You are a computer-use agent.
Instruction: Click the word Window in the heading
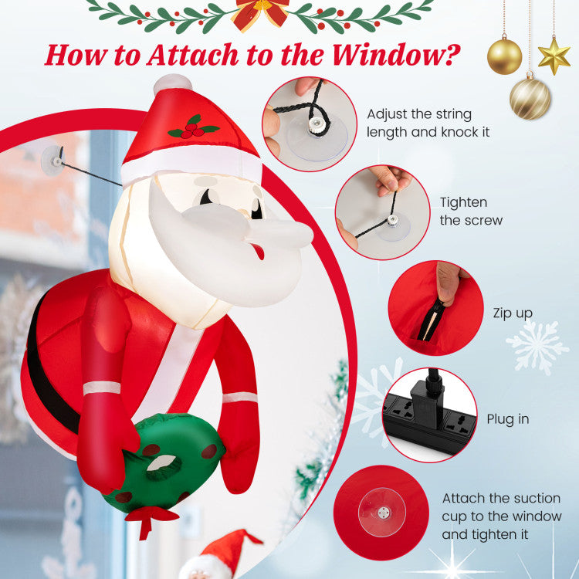(395, 54)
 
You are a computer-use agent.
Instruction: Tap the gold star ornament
(554, 56)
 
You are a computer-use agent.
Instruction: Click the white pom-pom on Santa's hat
(172, 84)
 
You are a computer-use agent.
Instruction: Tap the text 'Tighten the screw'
(471, 212)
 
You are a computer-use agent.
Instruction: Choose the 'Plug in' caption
(508, 419)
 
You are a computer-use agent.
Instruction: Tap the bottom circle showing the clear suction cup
(382, 513)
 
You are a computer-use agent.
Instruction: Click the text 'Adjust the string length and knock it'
(428, 123)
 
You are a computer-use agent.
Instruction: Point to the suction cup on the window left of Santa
(52, 161)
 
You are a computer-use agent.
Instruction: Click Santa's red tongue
(259, 251)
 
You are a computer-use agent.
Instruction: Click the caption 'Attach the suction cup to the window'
(502, 516)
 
